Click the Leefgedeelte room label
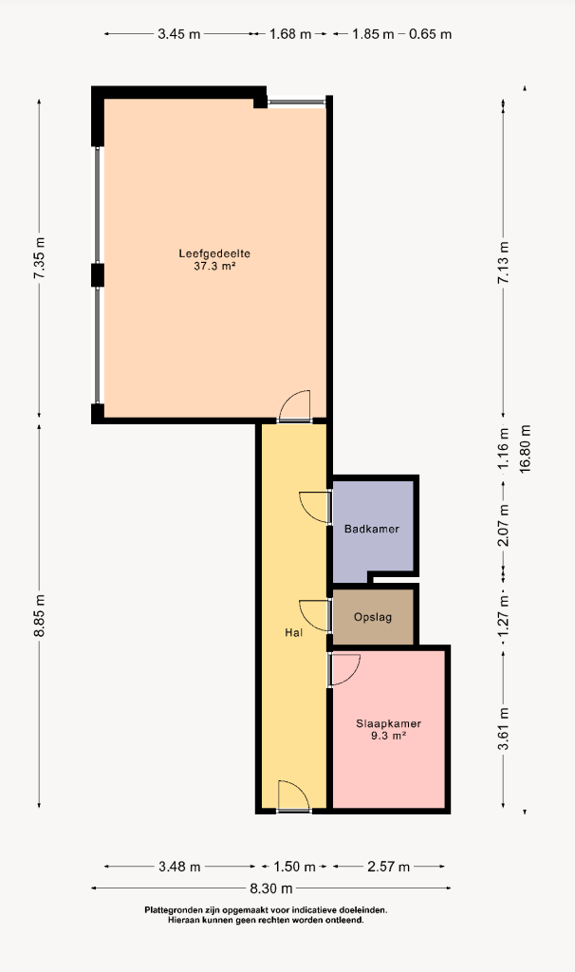(214, 253)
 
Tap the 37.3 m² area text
(214, 267)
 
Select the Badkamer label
(372, 529)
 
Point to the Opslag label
(373, 617)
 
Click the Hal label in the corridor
(294, 633)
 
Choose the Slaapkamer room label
(388, 723)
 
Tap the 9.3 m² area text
(388, 736)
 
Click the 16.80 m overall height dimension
(526, 449)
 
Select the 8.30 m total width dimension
(271, 888)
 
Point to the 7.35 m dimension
(40, 257)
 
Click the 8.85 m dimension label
(40, 615)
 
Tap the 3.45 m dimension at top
(179, 34)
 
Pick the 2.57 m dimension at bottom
(388, 867)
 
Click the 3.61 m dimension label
(504, 729)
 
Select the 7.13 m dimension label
(504, 263)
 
